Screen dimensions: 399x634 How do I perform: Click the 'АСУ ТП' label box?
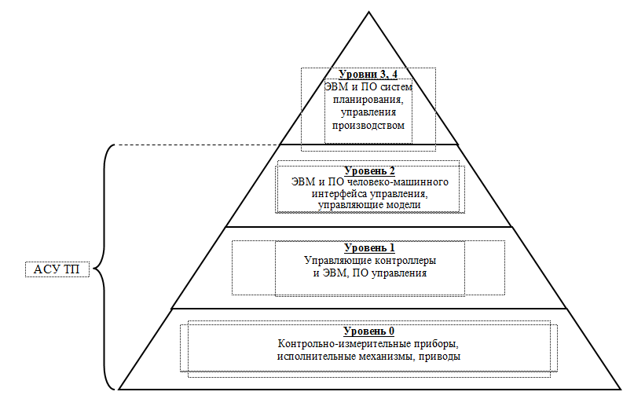coord(57,270)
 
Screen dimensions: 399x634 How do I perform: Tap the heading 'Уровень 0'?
coord(368,331)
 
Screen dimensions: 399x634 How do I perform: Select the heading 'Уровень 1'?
coord(368,248)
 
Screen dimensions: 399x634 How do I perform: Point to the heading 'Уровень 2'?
coord(368,170)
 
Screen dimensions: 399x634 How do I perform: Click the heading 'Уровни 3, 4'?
coord(368,74)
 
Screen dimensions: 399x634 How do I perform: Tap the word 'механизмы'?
coord(390,356)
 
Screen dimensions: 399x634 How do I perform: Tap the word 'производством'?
coord(368,125)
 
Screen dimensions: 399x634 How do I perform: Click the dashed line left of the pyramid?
coord(196,145)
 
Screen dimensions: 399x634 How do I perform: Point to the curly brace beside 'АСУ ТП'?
coord(103,267)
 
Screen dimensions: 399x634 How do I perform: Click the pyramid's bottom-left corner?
coord(118,389)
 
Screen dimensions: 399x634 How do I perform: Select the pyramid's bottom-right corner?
coord(621,389)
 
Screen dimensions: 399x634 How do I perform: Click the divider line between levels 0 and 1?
coord(369,309)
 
